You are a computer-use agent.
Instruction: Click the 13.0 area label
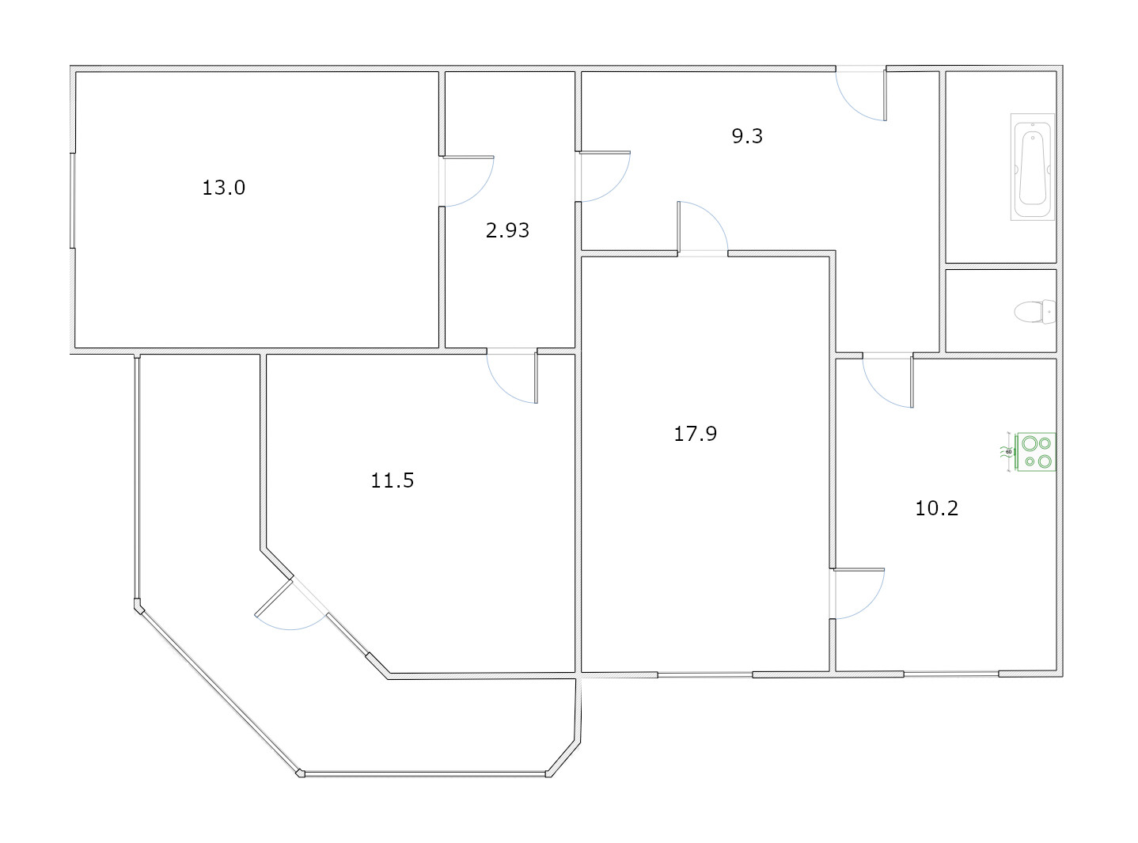224,188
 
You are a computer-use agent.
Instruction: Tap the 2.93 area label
507,230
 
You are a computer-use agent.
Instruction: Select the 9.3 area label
746,136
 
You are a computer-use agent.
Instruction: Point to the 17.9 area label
695,433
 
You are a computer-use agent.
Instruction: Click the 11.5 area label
393,480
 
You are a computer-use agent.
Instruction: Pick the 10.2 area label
936,507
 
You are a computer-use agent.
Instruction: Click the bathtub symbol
1034,167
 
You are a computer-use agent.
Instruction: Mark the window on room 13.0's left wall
73,200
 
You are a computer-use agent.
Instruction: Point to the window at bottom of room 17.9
704,674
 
